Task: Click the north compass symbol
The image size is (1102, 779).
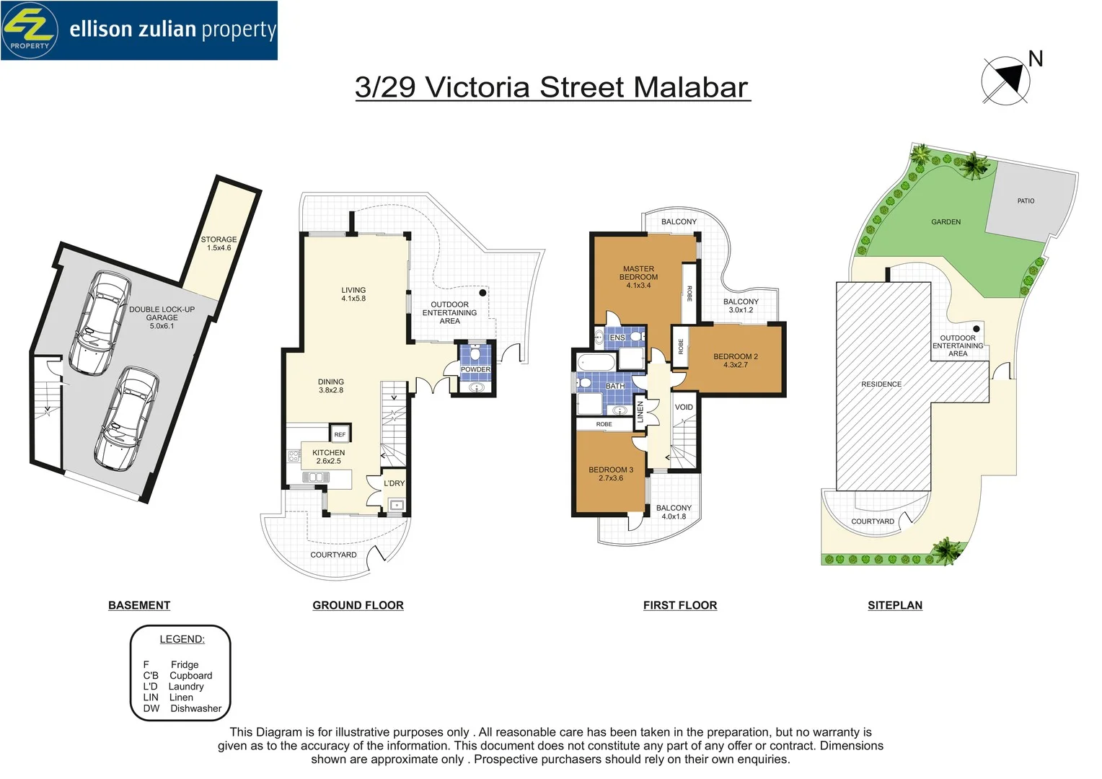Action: coord(1005,80)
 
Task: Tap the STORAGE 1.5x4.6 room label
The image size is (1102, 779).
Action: coord(219,244)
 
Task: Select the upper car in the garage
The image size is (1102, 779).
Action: coord(100,323)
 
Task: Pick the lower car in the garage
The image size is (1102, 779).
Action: coord(126,419)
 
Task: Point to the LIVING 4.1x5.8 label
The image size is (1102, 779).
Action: coord(353,294)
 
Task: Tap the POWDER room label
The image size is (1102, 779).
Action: coord(475,369)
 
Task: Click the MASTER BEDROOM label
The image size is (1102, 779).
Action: coord(638,273)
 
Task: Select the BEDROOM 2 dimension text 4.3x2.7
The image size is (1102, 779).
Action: coord(736,365)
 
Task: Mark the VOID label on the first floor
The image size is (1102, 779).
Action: coord(684,407)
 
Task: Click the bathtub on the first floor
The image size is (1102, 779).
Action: coord(596,363)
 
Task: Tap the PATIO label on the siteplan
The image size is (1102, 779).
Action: coord(1026,201)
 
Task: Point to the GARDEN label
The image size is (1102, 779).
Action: coord(945,222)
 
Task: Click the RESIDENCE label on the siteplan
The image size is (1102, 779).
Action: coord(881,384)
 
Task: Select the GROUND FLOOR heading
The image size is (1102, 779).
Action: coord(358,605)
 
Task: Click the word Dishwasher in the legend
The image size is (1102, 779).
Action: coord(195,708)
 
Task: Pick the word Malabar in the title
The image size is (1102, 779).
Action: coord(691,87)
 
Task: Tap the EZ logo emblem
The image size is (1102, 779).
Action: coord(30,30)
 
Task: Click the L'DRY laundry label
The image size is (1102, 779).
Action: coord(394,483)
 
